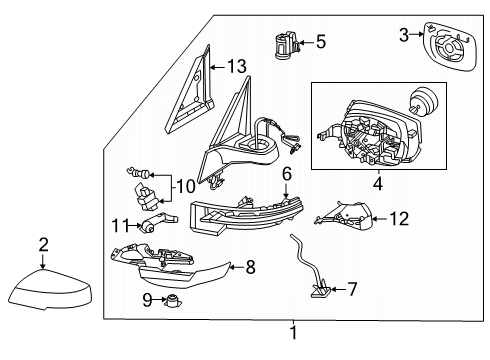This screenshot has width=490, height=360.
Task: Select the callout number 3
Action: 404,35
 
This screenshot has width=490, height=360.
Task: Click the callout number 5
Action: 320,42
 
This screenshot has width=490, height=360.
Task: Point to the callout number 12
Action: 399,217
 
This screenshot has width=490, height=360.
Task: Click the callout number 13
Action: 236,67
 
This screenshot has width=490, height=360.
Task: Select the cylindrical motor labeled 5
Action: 283,44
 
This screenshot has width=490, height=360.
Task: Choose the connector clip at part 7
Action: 320,292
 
